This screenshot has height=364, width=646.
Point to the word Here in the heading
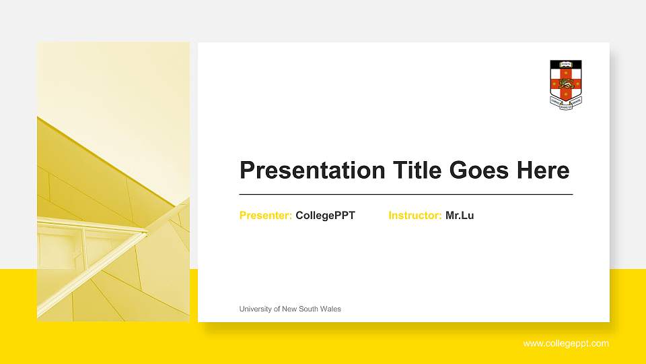[543, 170]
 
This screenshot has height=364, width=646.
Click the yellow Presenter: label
[266, 216]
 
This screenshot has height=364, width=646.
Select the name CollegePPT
[325, 216]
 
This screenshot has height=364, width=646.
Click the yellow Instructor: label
[415, 216]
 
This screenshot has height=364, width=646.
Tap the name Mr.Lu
[460, 216]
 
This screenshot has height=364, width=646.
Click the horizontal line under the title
[406, 194]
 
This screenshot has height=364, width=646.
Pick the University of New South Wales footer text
[290, 309]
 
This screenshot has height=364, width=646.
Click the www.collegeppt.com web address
[566, 344]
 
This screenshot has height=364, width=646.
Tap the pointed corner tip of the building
[145, 233]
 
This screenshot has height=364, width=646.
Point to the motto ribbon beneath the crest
[566, 102]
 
